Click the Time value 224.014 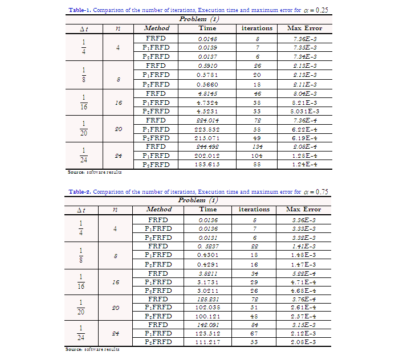[x=207, y=121]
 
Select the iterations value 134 [x=257, y=146]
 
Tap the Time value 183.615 [x=207, y=164]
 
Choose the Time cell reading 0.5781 [x=207, y=74]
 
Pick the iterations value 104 [x=257, y=155]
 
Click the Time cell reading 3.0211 [x=207, y=290]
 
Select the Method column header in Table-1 [x=157, y=28]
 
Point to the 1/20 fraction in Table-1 [x=84, y=129]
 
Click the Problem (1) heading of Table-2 [x=199, y=201]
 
